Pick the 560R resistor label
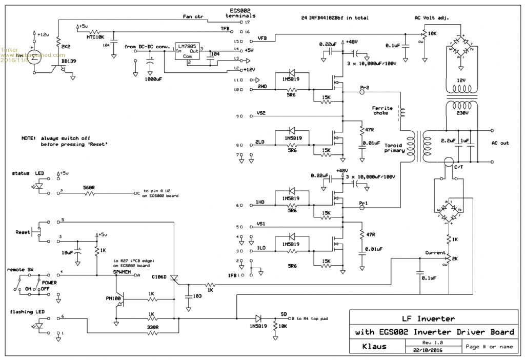pyautogui.click(x=89, y=188)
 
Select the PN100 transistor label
pyautogui.click(x=114, y=298)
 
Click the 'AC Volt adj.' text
pyautogui.click(x=432, y=18)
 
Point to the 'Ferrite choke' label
pyautogui.click(x=382, y=111)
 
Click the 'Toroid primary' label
pyautogui.click(x=394, y=148)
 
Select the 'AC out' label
pyautogui.click(x=500, y=143)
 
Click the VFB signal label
pyautogui.click(x=262, y=38)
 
